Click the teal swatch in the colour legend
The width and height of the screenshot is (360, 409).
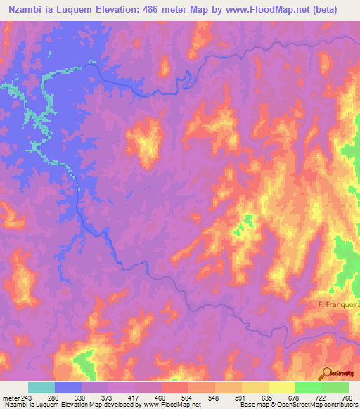41,387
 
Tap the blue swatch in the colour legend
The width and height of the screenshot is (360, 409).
68,387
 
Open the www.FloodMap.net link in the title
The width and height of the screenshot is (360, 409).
270,10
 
